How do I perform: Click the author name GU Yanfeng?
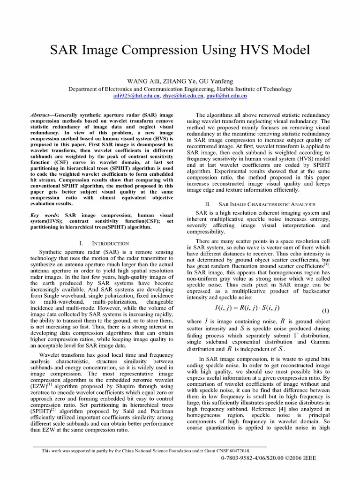coord(214,81)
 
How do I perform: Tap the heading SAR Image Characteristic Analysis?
coord(262,204)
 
